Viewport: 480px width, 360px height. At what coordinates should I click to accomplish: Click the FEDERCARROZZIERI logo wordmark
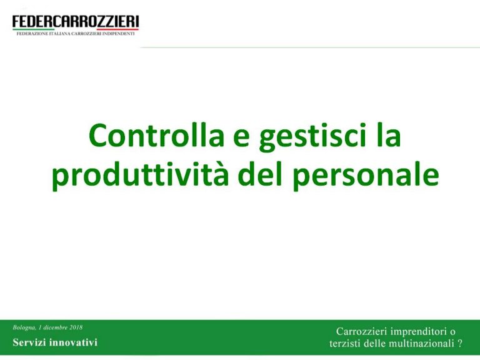click(x=76, y=22)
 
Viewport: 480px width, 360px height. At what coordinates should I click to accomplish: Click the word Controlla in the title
click(x=156, y=136)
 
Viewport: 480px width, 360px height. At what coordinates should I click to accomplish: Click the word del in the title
click(x=261, y=174)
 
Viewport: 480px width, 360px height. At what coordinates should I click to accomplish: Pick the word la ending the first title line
click(x=388, y=136)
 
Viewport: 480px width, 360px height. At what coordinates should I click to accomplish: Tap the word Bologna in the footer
click(x=24, y=328)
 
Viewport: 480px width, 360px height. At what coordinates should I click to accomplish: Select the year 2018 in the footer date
click(x=76, y=327)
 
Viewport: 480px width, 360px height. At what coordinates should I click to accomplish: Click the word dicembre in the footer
click(x=56, y=327)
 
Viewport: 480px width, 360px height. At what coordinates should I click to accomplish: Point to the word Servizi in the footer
click(x=29, y=342)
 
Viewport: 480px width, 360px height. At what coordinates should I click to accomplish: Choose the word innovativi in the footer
click(x=74, y=342)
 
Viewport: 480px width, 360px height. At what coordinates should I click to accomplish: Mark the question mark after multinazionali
click(x=460, y=344)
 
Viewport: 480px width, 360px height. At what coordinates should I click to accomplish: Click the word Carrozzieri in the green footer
click(x=362, y=331)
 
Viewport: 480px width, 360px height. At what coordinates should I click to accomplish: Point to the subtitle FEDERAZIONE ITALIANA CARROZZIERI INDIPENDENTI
click(x=76, y=34)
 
